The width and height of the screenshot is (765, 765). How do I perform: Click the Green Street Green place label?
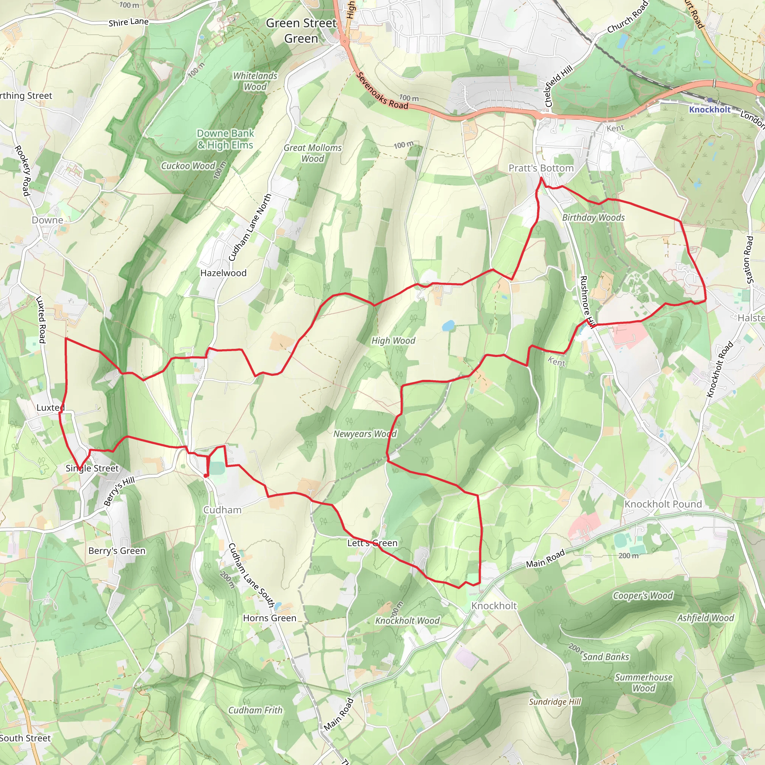[x=301, y=31]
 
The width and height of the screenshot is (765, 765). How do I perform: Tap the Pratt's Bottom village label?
[x=541, y=168]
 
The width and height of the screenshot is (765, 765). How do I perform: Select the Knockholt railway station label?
[x=710, y=110]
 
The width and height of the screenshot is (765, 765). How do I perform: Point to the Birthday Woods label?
[x=593, y=218]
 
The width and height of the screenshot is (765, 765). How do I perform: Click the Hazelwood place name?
[x=223, y=273]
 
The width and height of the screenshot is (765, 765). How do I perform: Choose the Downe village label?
[x=47, y=220]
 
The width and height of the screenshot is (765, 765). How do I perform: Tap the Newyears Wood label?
[x=365, y=434]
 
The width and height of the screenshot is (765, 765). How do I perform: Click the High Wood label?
[x=393, y=341]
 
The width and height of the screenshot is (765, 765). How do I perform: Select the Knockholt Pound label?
[x=663, y=504]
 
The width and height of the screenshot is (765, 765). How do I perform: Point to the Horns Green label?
[x=270, y=618]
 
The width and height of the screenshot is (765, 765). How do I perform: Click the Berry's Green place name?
[x=117, y=551]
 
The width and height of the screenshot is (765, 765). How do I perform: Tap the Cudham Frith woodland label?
[x=255, y=710]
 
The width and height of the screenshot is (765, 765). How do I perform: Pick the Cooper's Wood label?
[x=642, y=595]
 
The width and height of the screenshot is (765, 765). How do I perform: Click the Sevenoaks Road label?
[x=382, y=91]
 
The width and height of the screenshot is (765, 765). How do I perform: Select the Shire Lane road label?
[x=129, y=22]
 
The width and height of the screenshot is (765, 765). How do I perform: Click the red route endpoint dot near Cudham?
[x=205, y=475]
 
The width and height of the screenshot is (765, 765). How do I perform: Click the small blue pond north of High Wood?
[x=448, y=326]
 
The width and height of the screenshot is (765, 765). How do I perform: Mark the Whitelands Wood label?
[x=255, y=81]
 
